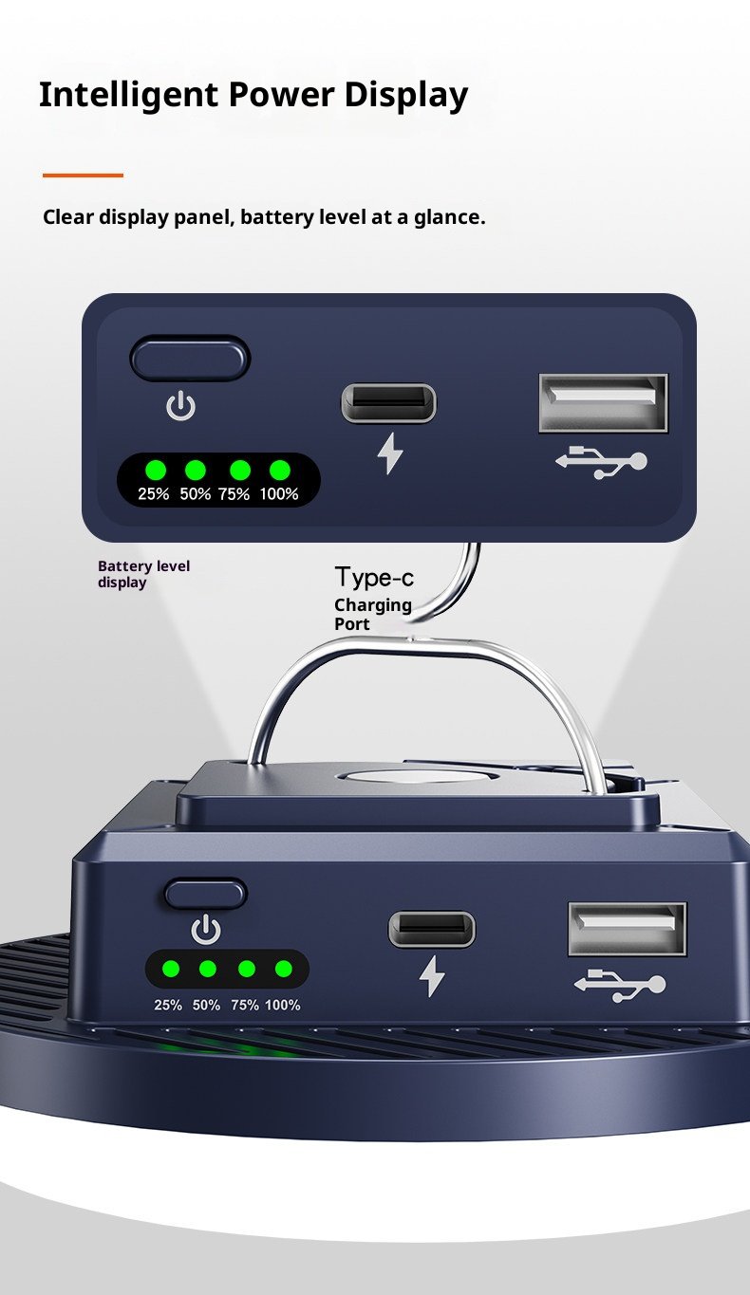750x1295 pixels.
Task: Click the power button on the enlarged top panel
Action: (x=191, y=359)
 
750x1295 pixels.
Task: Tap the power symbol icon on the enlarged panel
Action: (x=181, y=406)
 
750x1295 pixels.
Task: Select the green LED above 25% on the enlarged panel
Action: (x=155, y=470)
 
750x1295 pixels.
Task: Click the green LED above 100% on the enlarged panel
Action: (x=280, y=470)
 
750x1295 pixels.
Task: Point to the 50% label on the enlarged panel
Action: (x=195, y=493)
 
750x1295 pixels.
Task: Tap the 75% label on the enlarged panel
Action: (x=234, y=493)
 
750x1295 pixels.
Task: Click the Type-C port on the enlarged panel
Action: (x=388, y=403)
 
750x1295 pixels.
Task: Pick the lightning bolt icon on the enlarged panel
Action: (x=390, y=453)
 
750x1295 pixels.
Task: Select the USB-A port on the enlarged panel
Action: (x=603, y=403)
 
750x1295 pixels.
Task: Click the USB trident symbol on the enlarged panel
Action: (x=601, y=461)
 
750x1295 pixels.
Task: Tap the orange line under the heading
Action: (x=83, y=175)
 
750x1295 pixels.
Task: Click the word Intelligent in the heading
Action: (x=128, y=96)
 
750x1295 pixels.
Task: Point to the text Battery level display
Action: (x=143, y=574)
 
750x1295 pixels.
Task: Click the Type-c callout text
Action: (x=374, y=577)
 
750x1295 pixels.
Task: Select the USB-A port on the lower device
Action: (x=628, y=929)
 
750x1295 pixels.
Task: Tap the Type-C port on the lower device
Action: (x=432, y=930)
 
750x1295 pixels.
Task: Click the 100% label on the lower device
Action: (x=282, y=1006)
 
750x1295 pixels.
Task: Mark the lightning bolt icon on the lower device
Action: (x=432, y=976)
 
